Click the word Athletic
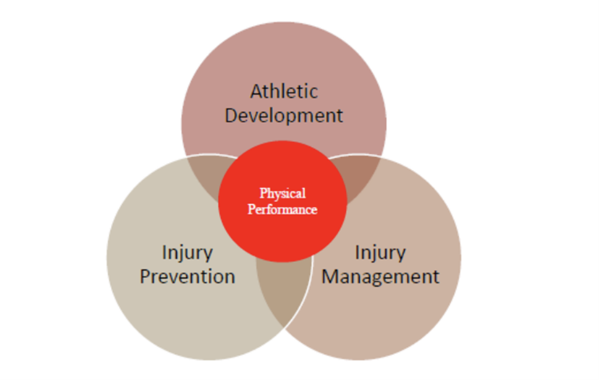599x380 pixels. [284, 91]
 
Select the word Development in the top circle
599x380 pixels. [284, 115]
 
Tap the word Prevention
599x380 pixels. [187, 276]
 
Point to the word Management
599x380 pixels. [380, 277]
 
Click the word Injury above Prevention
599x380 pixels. [187, 254]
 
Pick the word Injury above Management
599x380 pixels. [380, 254]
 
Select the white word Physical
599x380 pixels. [283, 193]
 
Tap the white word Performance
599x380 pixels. [283, 209]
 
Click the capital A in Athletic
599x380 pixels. [257, 92]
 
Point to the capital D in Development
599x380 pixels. [232, 116]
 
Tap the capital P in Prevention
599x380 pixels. [145, 277]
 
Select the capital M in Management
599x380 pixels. [331, 277]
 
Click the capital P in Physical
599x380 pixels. [264, 193]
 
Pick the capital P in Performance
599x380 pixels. [252, 209]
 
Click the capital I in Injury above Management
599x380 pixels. [357, 252]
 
